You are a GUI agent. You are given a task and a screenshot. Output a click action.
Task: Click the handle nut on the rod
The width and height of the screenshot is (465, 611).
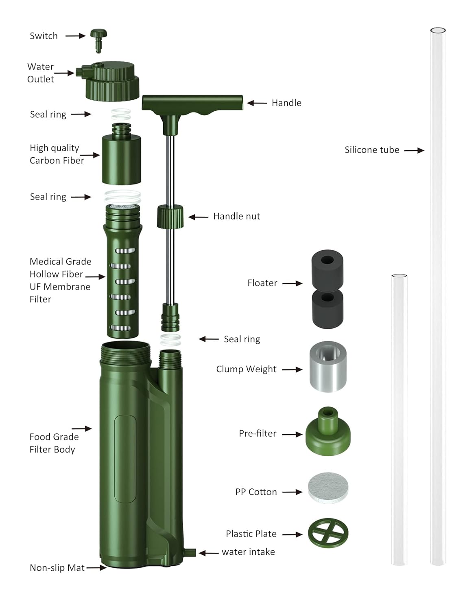(x=170, y=216)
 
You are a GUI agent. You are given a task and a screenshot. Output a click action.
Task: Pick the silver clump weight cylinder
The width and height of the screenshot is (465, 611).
(x=328, y=367)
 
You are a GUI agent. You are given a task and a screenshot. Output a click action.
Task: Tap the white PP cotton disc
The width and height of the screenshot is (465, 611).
(x=328, y=488)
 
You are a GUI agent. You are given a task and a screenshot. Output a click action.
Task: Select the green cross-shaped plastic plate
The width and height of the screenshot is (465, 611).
(x=328, y=533)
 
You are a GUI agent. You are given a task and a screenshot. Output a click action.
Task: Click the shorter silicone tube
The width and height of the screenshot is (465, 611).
(x=399, y=420)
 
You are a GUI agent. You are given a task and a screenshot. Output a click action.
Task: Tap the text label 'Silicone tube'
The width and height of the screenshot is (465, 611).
(x=372, y=150)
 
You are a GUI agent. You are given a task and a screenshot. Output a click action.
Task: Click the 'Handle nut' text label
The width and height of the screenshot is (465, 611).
(x=236, y=216)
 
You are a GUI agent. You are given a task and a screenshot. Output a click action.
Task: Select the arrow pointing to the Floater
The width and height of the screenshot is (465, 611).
(x=292, y=283)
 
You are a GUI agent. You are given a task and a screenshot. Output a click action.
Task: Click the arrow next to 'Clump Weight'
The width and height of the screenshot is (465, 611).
(x=292, y=369)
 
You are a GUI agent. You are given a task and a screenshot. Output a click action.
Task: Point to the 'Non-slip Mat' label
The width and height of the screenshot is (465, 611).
(x=57, y=568)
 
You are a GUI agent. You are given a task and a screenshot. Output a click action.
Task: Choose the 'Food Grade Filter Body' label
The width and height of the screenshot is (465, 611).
(x=54, y=443)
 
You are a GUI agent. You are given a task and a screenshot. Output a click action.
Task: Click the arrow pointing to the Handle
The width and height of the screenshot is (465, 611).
(x=257, y=103)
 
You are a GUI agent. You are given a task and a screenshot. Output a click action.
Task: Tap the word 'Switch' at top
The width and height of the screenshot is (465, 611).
(x=44, y=36)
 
